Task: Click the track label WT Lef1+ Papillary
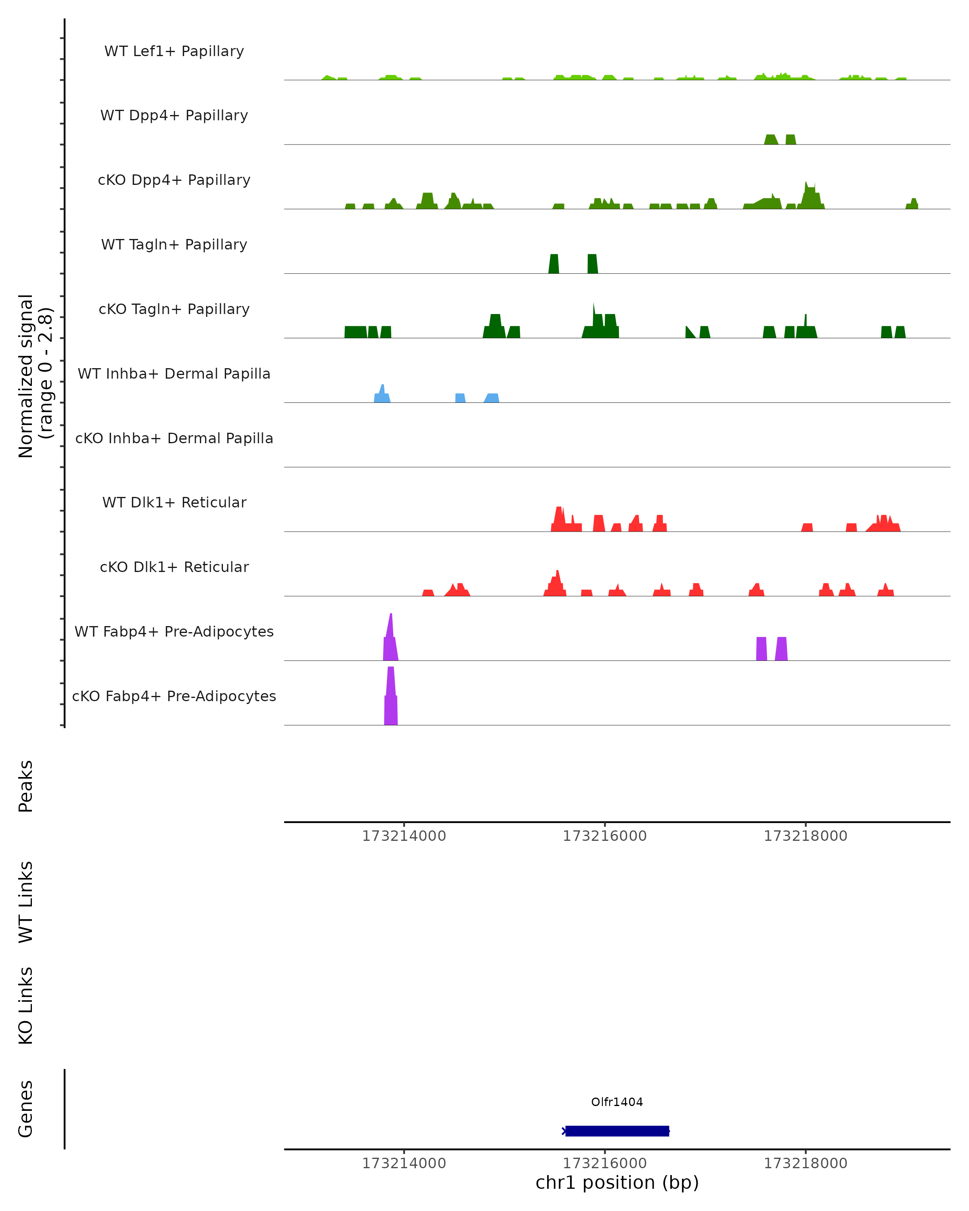pos(174,51)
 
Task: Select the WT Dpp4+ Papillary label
pos(174,116)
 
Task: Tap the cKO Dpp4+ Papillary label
pos(174,180)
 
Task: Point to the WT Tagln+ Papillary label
pos(174,245)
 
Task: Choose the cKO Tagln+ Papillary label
pos(174,310)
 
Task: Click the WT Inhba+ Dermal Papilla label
pos(174,374)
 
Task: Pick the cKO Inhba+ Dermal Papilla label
pos(174,439)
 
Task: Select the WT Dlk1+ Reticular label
pos(174,503)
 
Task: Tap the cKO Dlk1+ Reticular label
pos(174,567)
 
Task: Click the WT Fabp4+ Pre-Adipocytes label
pos(174,632)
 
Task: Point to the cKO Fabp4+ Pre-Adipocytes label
pos(174,696)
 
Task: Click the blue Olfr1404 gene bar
pos(617,1131)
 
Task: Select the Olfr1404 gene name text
pos(617,1102)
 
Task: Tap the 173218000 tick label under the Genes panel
pos(805,1163)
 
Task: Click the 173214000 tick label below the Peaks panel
pos(404,836)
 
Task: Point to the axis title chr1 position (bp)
pos(617,1183)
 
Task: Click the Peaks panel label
pos(26,786)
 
